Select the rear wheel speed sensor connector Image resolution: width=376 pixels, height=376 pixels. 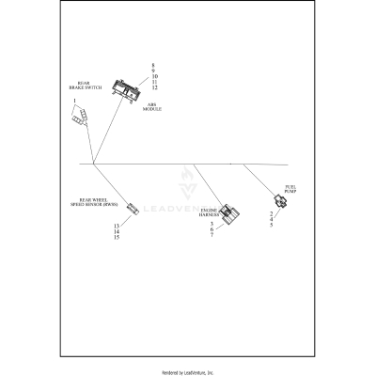tap(133, 208)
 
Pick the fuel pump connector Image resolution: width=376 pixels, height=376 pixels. tap(278, 201)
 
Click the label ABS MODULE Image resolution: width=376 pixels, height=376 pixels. tap(152, 107)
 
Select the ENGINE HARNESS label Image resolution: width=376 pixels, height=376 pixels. tap(209, 212)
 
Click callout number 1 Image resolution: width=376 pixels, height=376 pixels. tap(73, 101)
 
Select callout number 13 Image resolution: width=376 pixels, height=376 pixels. tap(117, 227)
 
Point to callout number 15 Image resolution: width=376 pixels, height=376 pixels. tap(117, 239)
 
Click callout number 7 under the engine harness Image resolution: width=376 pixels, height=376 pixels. tap(212, 235)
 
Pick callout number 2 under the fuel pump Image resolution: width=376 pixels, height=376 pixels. tap(272, 215)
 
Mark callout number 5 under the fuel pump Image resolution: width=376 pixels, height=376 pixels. tap(272, 227)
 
